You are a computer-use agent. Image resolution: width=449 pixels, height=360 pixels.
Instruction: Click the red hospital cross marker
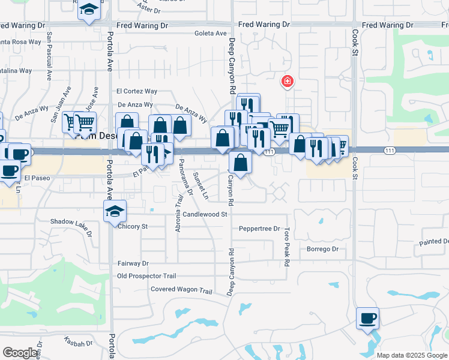tap(288, 81)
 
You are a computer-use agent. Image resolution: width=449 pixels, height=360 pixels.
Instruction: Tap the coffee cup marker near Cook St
tap(367, 318)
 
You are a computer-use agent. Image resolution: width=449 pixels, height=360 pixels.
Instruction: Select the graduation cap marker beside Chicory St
tap(115, 211)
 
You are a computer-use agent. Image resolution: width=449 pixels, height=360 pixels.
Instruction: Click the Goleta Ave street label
tap(210, 34)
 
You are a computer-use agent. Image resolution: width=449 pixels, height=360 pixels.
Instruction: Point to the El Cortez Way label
tap(137, 91)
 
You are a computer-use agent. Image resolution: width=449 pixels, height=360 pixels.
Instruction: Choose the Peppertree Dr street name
tap(259, 229)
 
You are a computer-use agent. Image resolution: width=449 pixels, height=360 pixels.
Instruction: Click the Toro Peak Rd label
tap(287, 247)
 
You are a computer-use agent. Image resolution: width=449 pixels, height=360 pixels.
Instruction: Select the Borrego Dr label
tap(323, 249)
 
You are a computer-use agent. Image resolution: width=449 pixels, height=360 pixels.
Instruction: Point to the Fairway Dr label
tap(133, 263)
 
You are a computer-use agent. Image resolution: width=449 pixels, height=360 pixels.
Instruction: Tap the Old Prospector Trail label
tap(146, 276)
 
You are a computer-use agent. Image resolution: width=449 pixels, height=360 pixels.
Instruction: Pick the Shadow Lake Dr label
tap(71, 222)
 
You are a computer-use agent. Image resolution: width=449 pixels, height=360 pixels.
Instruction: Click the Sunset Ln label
tap(200, 186)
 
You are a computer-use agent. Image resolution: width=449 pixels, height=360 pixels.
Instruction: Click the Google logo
tap(20, 353)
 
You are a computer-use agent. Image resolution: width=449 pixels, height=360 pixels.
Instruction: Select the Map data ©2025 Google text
tap(411, 355)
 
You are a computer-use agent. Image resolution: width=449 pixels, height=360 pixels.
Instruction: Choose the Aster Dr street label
tap(149, 9)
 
